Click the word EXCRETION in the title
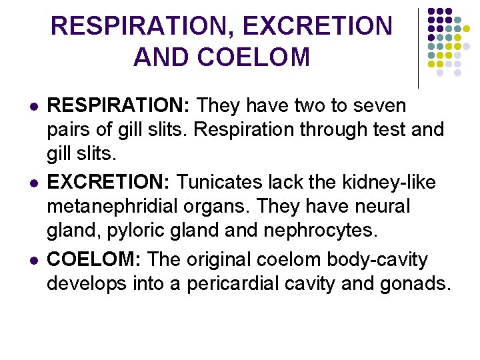317,27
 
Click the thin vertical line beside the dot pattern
419,48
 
